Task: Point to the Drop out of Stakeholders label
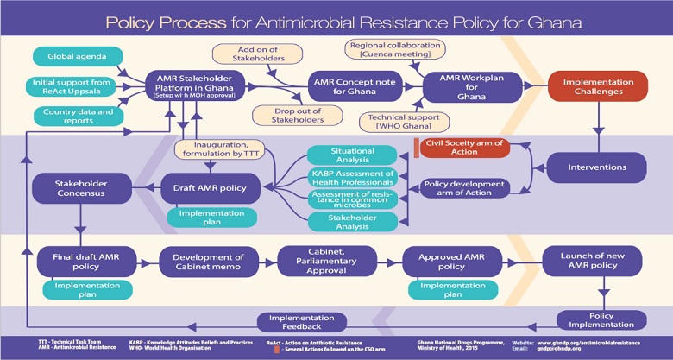pyautogui.click(x=286, y=115)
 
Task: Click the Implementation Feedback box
pyautogui.click(x=294, y=322)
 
